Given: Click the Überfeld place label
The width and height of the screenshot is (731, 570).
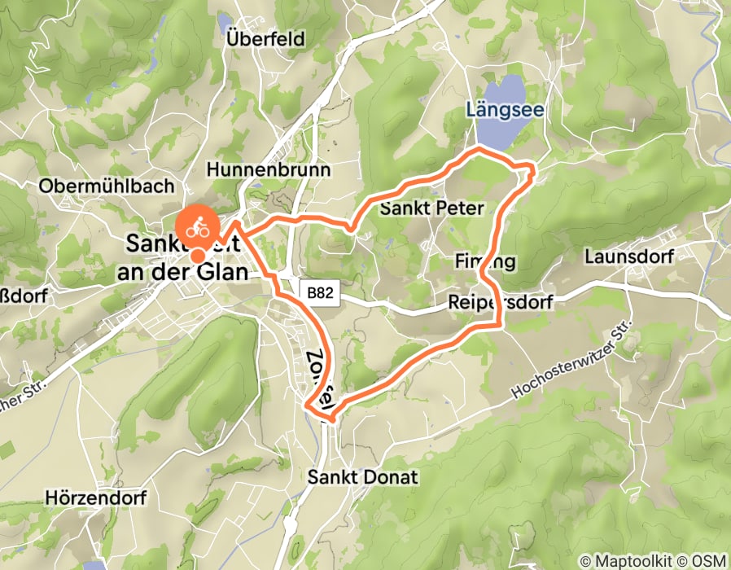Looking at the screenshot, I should pyautogui.click(x=265, y=39).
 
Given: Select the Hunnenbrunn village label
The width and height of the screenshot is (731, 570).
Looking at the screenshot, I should pyautogui.click(x=268, y=169).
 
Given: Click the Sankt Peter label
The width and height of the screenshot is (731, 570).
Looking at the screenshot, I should pyautogui.click(x=431, y=208).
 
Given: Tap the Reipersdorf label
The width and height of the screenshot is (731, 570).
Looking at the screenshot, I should pyautogui.click(x=500, y=303).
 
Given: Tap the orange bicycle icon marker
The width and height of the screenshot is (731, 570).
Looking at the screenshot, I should pyautogui.click(x=197, y=229).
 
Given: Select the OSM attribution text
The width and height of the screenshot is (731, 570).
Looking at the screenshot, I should pyautogui.click(x=707, y=562).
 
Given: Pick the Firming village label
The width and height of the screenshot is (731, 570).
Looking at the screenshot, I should pyautogui.click(x=485, y=261).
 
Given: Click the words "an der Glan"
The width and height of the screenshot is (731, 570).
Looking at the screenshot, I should pyautogui.click(x=182, y=272).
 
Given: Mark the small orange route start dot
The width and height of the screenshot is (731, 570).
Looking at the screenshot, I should pyautogui.click(x=197, y=256).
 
